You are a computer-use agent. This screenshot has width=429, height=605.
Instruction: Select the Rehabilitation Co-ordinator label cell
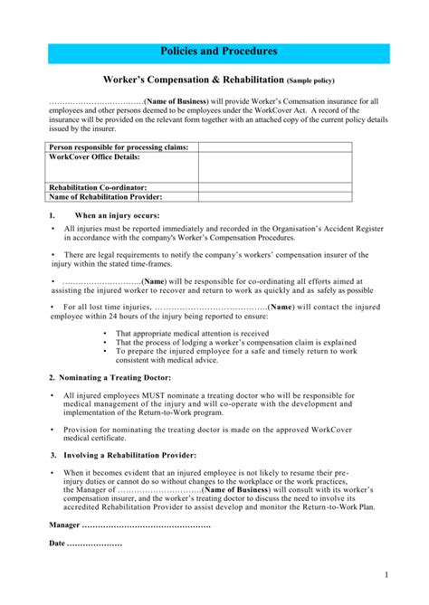pyautogui.click(x=98, y=187)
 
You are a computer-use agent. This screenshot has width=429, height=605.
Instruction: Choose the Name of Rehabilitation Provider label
pyautogui.click(x=105, y=196)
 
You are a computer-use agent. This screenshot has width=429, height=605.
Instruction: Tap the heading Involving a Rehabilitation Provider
pyautogui.click(x=123, y=454)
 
